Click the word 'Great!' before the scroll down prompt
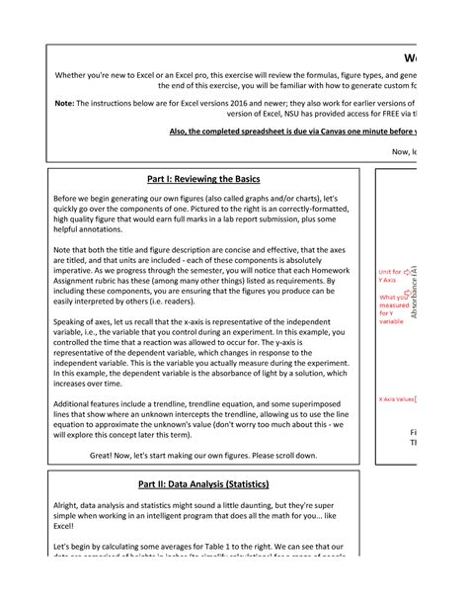pos(107,455)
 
